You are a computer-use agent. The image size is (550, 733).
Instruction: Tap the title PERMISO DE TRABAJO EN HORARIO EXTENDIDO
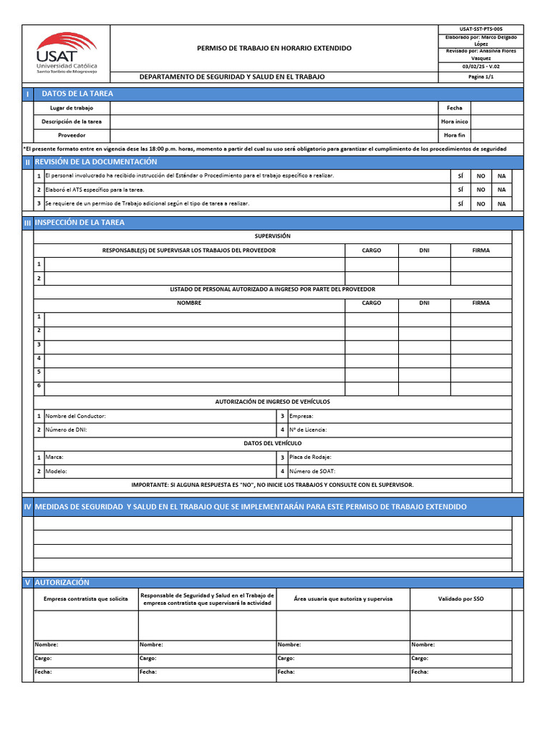point(274,48)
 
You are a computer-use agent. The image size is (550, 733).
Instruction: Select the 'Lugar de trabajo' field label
point(72,107)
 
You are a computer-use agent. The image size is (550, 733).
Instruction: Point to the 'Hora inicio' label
point(454,121)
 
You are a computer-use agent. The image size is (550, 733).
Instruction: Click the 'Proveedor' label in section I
point(72,135)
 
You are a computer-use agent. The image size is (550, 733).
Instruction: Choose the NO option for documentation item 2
point(481,190)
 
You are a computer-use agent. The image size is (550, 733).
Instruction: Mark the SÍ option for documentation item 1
point(460,175)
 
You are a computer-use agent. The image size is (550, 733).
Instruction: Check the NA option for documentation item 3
point(501,204)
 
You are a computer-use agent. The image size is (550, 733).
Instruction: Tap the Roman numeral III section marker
point(27,223)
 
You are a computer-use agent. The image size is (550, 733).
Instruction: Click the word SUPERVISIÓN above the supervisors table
point(272,236)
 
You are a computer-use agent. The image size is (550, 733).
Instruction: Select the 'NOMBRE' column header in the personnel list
point(189,303)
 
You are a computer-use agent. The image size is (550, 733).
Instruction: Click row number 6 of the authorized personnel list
point(39,386)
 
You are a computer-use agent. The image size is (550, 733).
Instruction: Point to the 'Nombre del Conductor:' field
point(76,416)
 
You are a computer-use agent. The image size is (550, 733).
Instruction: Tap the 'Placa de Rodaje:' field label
point(310,457)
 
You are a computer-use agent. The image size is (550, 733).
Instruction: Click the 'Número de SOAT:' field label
point(312,471)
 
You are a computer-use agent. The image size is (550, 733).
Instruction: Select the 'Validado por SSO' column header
point(460,598)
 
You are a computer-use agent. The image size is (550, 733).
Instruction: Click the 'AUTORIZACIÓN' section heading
point(62,583)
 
